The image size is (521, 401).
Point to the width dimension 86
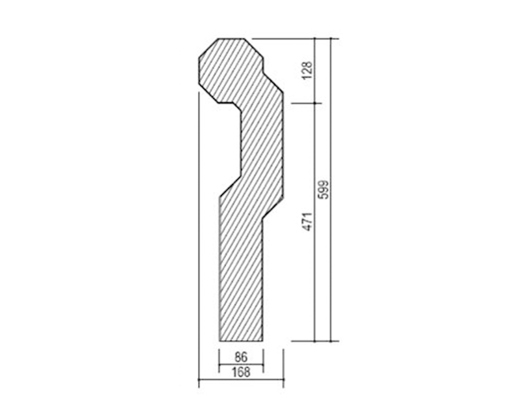(241, 357)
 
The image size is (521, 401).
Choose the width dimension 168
(241, 372)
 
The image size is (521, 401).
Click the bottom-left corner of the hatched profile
(219, 340)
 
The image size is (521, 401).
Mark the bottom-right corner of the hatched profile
(263, 340)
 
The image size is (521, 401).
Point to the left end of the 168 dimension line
(199, 380)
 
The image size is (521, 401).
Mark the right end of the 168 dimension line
(283, 380)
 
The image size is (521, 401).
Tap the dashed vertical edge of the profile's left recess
(242, 140)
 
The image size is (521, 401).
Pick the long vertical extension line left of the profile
(199, 235)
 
